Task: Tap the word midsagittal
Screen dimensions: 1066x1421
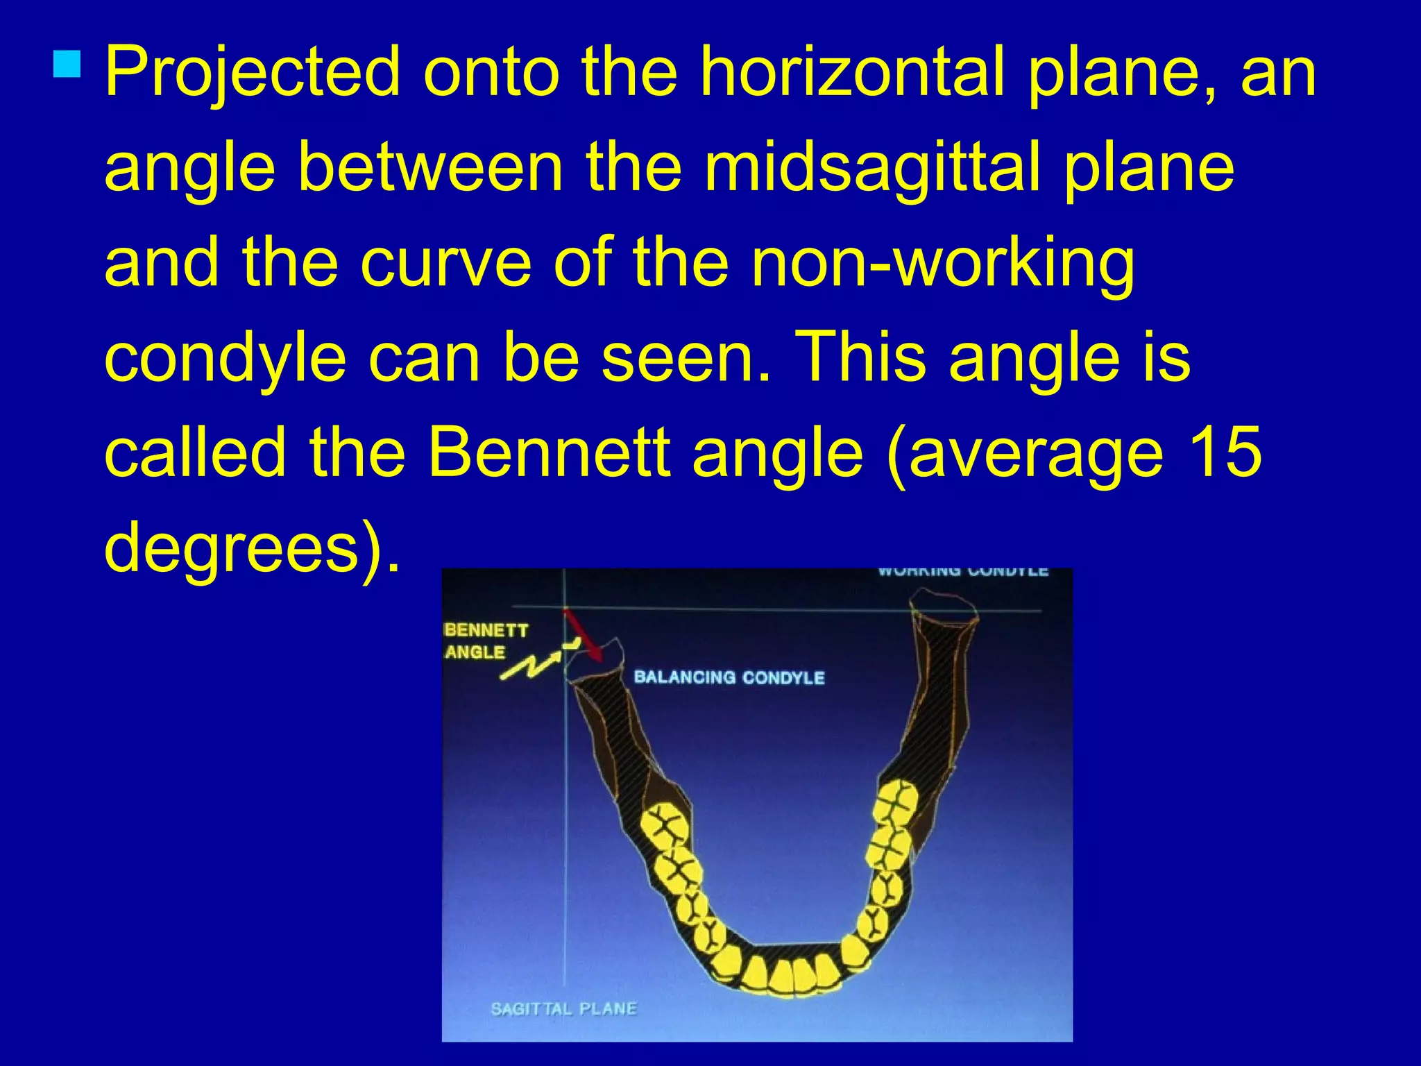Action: click(873, 167)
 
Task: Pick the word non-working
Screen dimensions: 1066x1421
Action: click(943, 263)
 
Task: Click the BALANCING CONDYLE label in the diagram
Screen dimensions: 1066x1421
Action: click(729, 677)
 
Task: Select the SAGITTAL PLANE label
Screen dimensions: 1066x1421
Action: click(563, 1008)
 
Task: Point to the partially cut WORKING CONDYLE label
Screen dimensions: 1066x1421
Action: click(962, 572)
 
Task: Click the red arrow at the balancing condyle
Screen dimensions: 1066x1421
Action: click(583, 635)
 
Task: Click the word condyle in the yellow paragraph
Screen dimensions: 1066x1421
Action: click(226, 358)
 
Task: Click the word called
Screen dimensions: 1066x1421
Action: click(195, 453)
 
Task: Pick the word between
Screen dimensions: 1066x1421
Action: click(430, 167)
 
